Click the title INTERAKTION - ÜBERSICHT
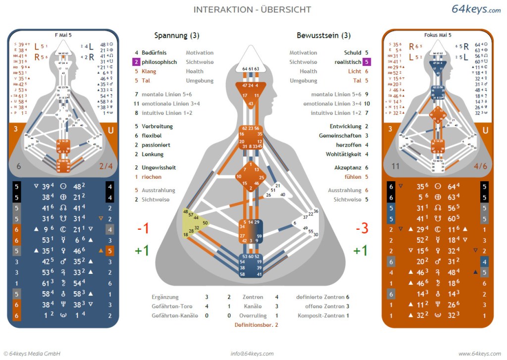coord(252,9)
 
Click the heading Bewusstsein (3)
coord(324,36)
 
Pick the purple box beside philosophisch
coord(136,62)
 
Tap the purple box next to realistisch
coord(366,62)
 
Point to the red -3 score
coord(361,228)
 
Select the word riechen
coord(152,177)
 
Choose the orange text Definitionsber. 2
coord(256,325)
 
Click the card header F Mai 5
coord(62,35)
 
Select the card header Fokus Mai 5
coord(438,35)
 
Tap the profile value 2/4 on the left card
coord(106,166)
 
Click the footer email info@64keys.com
coord(252,354)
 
